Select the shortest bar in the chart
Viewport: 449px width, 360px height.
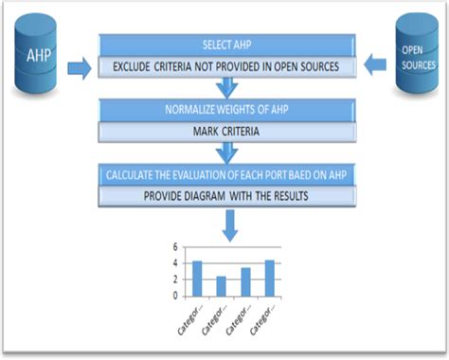221,285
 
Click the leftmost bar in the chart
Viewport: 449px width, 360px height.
197,278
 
